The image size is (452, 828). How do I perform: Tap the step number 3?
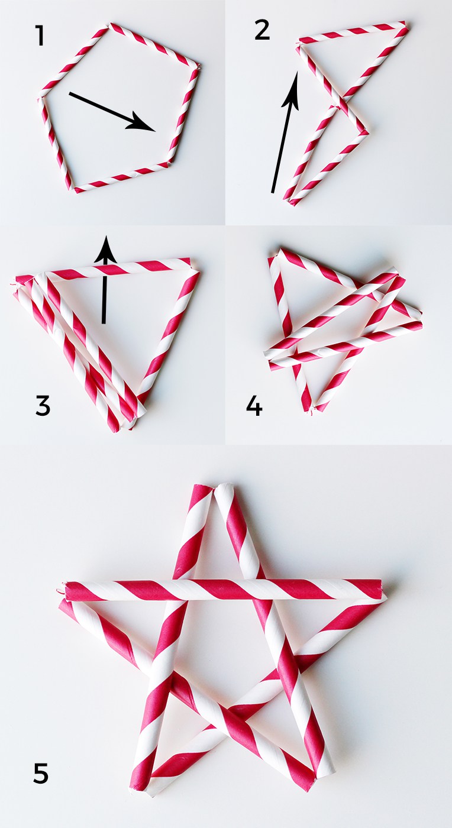point(43,406)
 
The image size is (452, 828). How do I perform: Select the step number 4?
point(254,406)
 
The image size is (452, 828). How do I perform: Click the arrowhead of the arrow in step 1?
point(143,125)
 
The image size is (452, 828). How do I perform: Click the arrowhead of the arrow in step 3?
point(106,250)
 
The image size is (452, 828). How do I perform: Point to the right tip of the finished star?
point(383,591)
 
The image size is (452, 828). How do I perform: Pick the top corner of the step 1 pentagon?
point(110,25)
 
